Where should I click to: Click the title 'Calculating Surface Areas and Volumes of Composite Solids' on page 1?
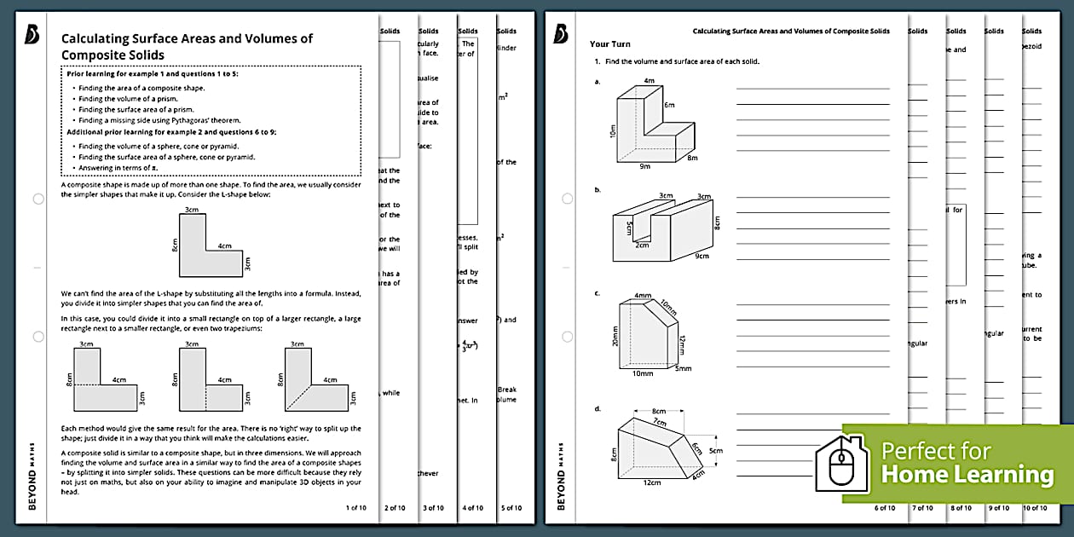coord(187,47)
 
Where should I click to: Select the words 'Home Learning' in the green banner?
coord(967,475)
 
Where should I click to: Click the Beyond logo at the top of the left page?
coord(33,33)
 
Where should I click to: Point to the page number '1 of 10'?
coord(355,508)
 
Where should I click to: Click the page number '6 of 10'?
coord(885,508)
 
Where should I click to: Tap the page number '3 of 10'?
coord(433,508)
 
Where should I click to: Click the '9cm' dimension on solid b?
coord(702,256)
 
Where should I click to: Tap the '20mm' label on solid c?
coord(613,338)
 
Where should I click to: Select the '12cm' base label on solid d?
coord(652,482)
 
